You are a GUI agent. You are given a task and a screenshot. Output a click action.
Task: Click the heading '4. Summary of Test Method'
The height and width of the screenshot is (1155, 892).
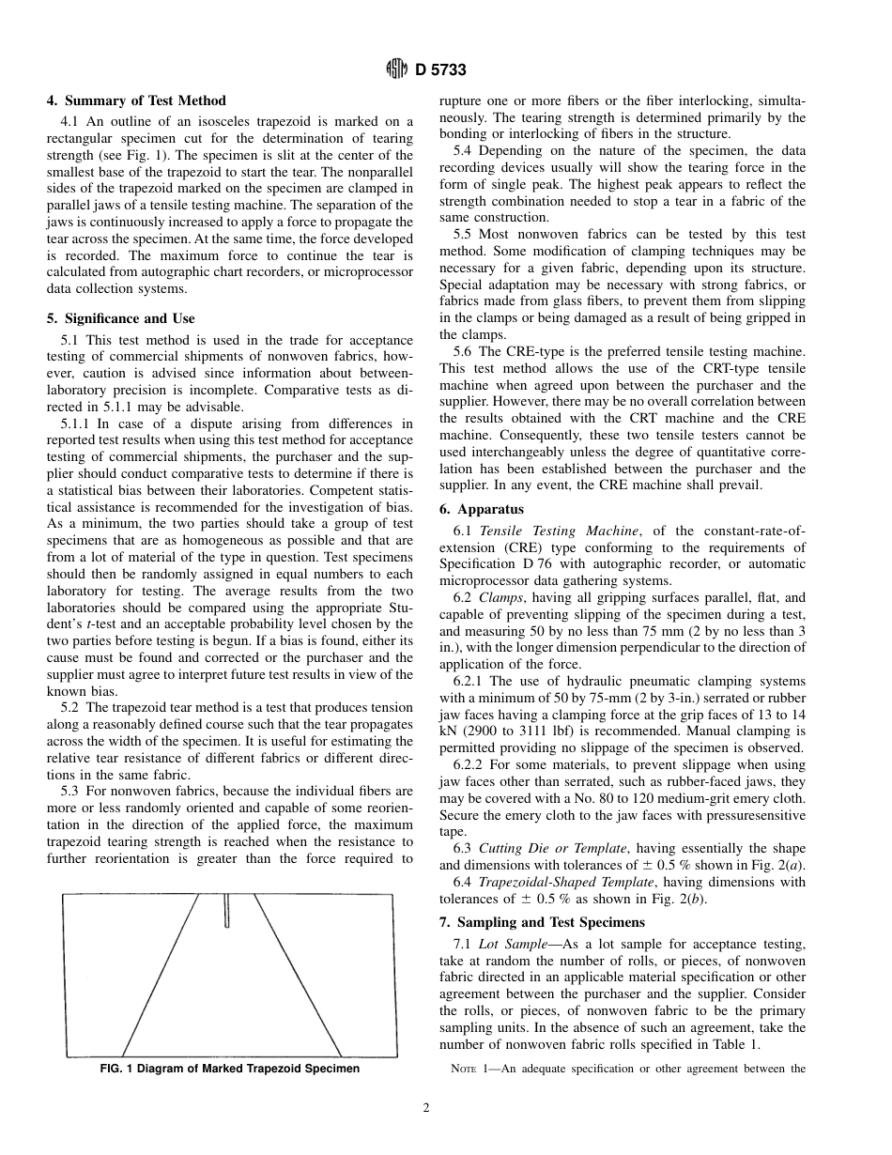point(136,100)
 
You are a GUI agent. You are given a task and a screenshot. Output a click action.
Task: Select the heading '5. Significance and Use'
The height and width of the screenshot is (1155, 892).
point(120,318)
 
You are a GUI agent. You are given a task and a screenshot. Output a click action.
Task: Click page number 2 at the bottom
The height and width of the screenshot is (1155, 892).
point(425,1107)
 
